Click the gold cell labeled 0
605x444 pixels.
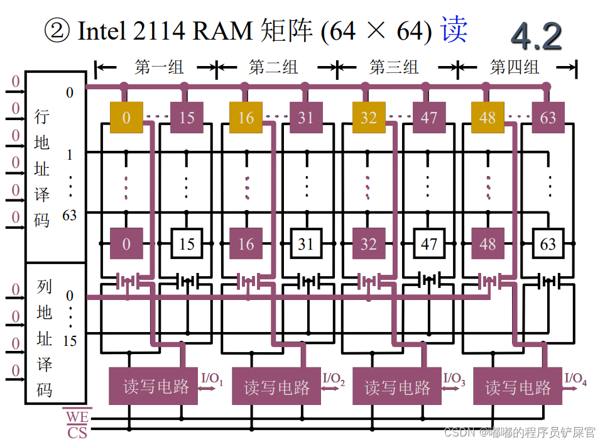(x=126, y=118)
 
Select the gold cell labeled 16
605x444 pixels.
(x=246, y=118)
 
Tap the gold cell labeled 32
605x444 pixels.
(x=368, y=118)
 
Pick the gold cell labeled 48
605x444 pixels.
(x=488, y=118)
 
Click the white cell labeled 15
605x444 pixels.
(x=187, y=243)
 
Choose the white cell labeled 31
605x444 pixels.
(x=306, y=243)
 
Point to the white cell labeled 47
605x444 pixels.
(x=428, y=243)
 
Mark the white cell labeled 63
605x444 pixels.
(x=548, y=243)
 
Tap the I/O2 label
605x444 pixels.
(x=334, y=379)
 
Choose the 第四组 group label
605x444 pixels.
(x=515, y=67)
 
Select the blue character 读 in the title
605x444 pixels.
(x=454, y=30)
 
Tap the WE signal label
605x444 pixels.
(x=77, y=417)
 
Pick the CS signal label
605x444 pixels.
(x=77, y=432)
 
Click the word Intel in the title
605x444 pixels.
(x=101, y=30)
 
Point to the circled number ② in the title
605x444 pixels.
(x=57, y=30)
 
